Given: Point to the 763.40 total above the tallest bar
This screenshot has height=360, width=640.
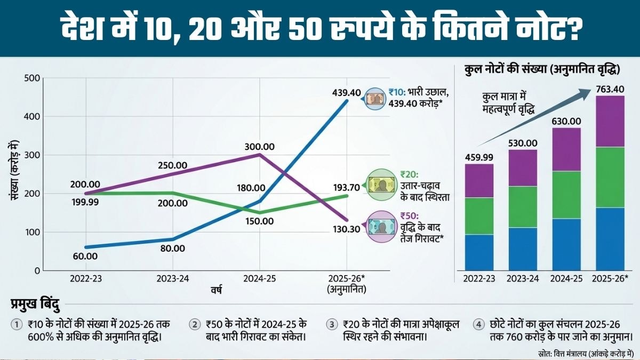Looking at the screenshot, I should pos(609,89).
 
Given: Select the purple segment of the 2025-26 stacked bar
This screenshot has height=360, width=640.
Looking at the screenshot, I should pos(610,121).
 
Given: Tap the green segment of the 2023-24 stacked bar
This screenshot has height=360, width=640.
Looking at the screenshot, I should pos(523,207).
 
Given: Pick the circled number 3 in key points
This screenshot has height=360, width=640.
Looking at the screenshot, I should pos(333,324).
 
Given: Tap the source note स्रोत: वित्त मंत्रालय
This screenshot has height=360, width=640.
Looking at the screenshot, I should pos(585,352).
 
